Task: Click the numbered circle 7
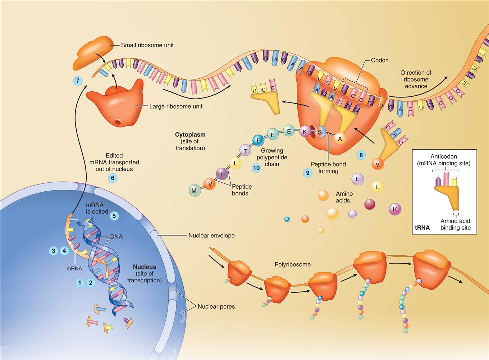click(x=77, y=81)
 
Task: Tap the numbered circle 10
click(x=256, y=168)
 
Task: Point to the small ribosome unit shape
click(x=91, y=53)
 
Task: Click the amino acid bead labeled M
click(x=194, y=191)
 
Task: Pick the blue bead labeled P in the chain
click(x=257, y=140)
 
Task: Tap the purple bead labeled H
click(x=223, y=174)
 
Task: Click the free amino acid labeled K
click(x=395, y=209)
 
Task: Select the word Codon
click(x=380, y=60)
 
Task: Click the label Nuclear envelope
click(x=211, y=236)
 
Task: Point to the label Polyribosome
click(x=293, y=264)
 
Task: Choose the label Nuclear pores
click(x=216, y=307)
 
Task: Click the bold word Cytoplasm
click(x=190, y=135)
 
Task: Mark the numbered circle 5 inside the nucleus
click(x=114, y=215)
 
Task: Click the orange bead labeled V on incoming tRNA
click(x=378, y=164)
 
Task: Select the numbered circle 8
click(x=361, y=155)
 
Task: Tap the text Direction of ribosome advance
click(x=416, y=79)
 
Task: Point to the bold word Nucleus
click(x=145, y=267)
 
